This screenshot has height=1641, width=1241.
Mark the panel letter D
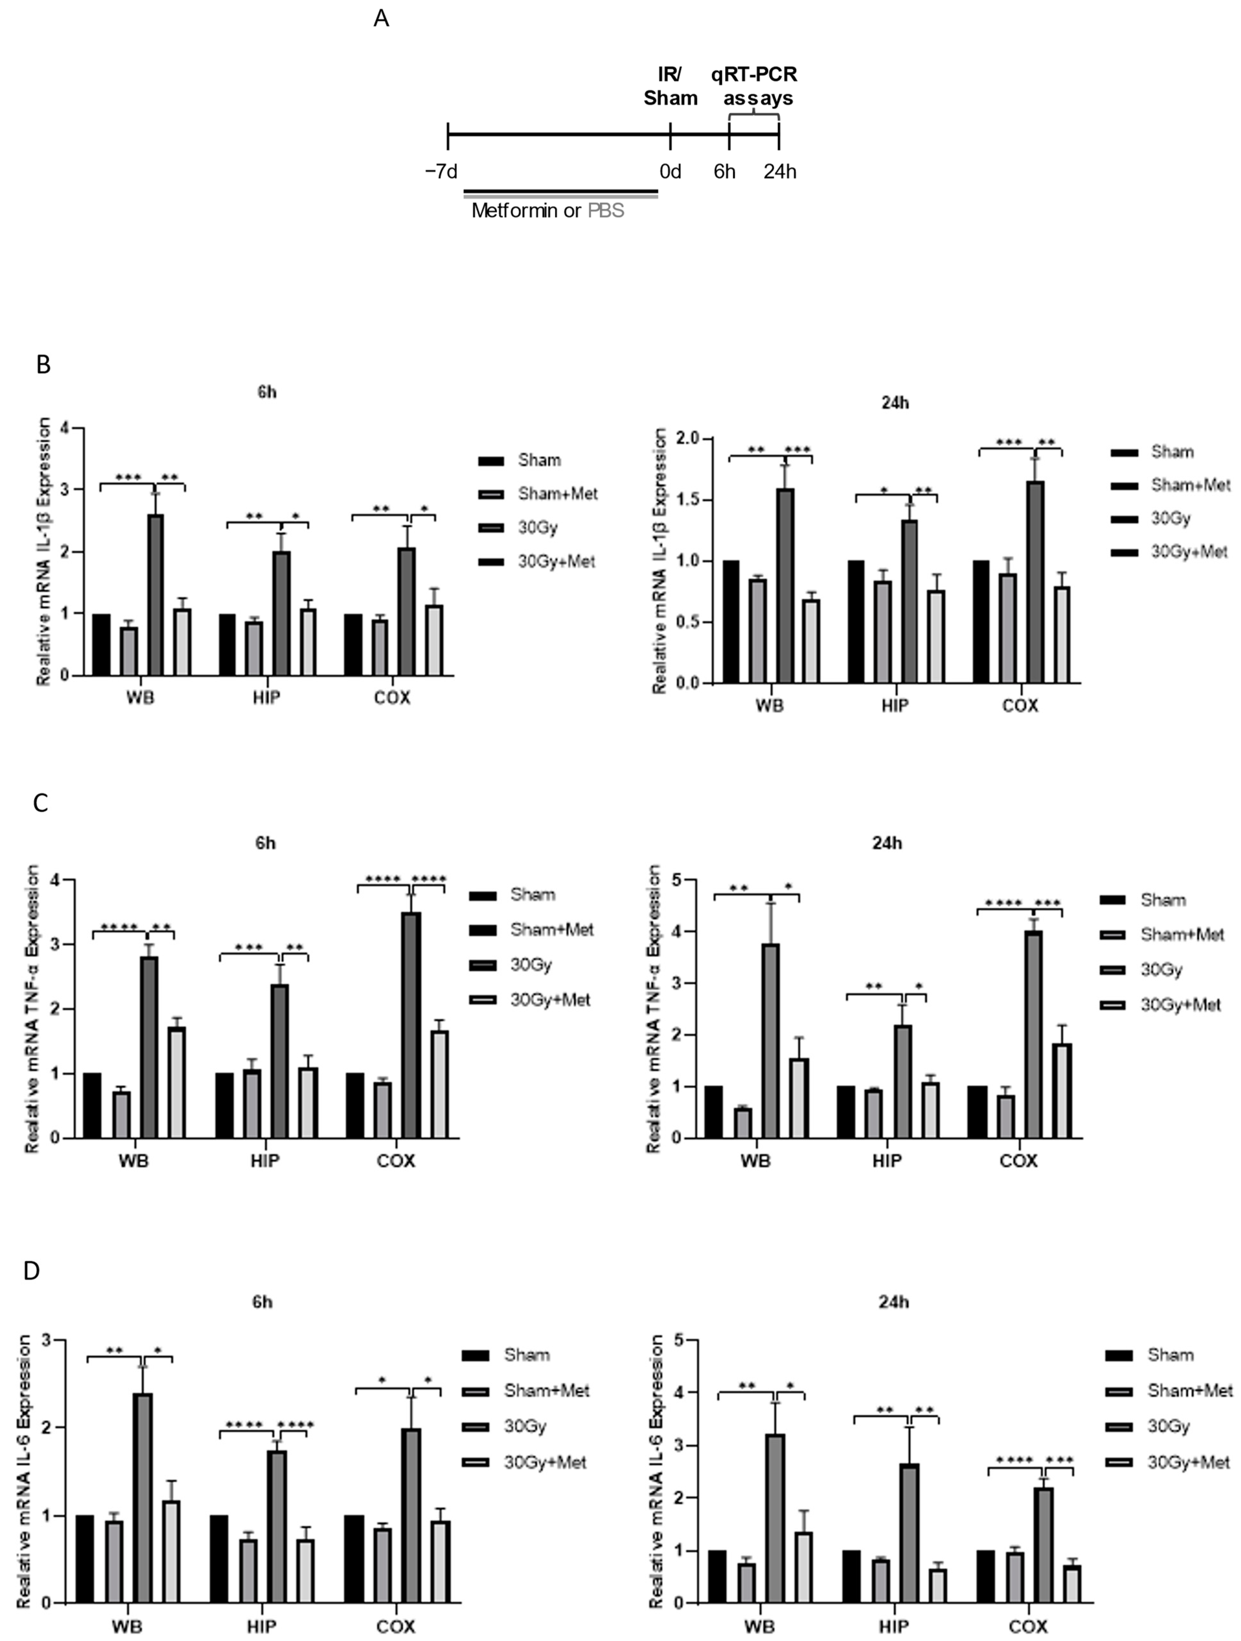(x=31, y=1271)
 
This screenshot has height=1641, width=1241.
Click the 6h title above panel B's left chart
(x=267, y=392)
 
